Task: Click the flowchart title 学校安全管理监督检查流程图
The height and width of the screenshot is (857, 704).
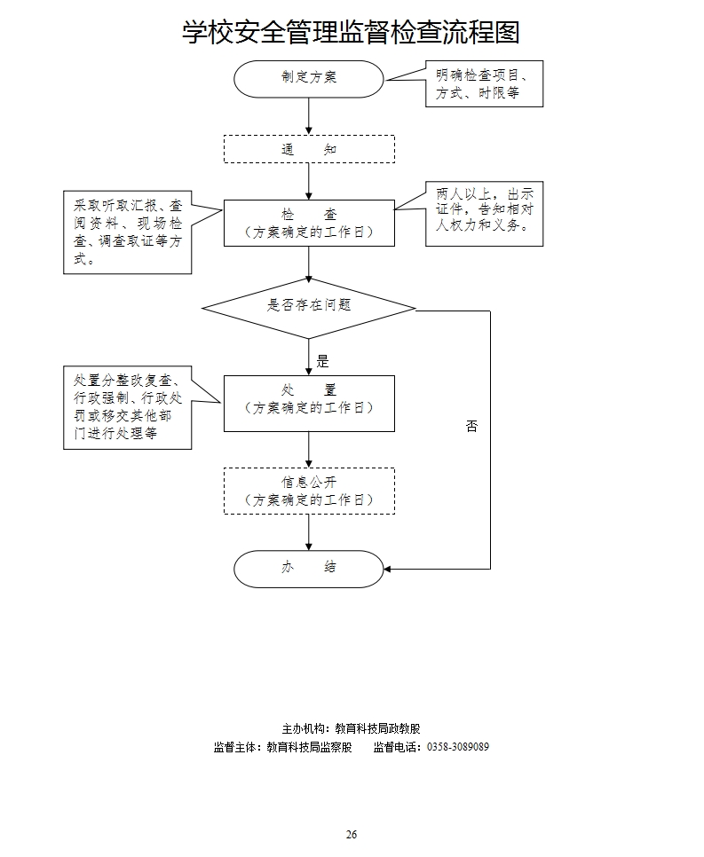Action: (x=351, y=33)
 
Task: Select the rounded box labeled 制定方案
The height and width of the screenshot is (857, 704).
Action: (x=309, y=77)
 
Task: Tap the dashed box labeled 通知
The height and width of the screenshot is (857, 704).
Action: (x=309, y=149)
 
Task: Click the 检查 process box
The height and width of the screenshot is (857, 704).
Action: (x=309, y=223)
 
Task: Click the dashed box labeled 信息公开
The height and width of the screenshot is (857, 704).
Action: (x=309, y=491)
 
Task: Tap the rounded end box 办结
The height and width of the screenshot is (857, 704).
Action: (x=309, y=568)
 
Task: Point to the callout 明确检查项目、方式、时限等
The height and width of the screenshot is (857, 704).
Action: (x=484, y=83)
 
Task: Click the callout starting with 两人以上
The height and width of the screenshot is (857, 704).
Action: (x=484, y=214)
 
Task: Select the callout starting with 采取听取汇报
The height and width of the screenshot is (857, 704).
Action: (x=128, y=232)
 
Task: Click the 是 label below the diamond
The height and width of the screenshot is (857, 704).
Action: (x=322, y=361)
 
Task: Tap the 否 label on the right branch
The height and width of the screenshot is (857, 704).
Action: (x=471, y=426)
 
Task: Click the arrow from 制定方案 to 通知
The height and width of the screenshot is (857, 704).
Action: (x=309, y=116)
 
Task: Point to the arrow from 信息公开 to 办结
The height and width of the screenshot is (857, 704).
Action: (x=309, y=532)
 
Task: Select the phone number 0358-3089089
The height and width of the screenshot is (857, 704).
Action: (x=458, y=747)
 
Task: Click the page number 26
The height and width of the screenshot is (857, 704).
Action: (x=352, y=835)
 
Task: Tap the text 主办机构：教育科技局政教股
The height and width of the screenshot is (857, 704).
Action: (x=352, y=728)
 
